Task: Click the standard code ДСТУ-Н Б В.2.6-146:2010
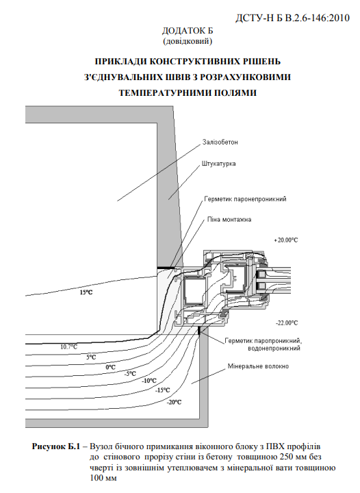(x=292, y=18)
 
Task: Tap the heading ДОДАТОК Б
(x=188, y=31)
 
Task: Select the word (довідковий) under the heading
(x=188, y=41)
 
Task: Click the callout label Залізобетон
(x=220, y=142)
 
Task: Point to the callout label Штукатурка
(x=218, y=164)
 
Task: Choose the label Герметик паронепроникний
(x=245, y=199)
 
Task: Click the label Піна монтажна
(x=229, y=220)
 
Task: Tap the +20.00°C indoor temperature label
(x=286, y=240)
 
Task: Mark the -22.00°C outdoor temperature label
(x=287, y=323)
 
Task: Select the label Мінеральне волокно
(x=258, y=366)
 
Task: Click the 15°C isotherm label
(x=86, y=292)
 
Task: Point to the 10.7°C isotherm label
(x=69, y=347)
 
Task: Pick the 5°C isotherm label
(x=91, y=357)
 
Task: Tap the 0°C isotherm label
(x=111, y=367)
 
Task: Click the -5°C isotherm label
(x=130, y=374)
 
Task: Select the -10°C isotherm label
(x=149, y=381)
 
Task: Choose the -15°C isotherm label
(x=163, y=390)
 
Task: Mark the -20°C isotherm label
(x=174, y=402)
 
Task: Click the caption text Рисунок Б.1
(x=56, y=446)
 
